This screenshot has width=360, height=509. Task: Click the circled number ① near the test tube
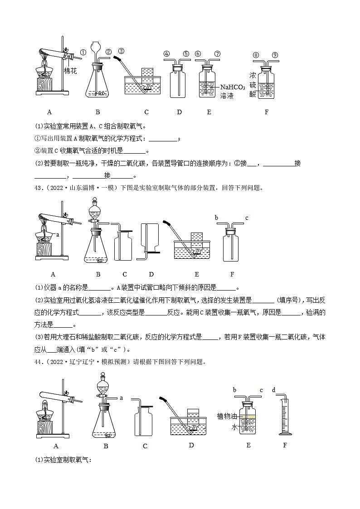[83, 53]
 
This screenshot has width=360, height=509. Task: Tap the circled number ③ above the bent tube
[121, 51]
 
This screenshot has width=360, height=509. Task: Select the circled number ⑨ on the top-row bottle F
[275, 55]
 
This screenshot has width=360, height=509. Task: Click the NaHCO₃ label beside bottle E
[233, 87]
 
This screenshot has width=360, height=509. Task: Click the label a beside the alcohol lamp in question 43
[58, 234]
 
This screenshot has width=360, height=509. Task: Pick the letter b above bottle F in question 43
[216, 218]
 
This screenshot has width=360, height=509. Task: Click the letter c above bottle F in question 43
[246, 218]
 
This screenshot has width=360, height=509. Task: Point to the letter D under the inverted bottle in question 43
[151, 274]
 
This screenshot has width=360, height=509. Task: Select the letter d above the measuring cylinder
[273, 390]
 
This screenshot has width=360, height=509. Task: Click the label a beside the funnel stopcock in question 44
[122, 398]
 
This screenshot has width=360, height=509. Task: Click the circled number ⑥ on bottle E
[198, 53]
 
